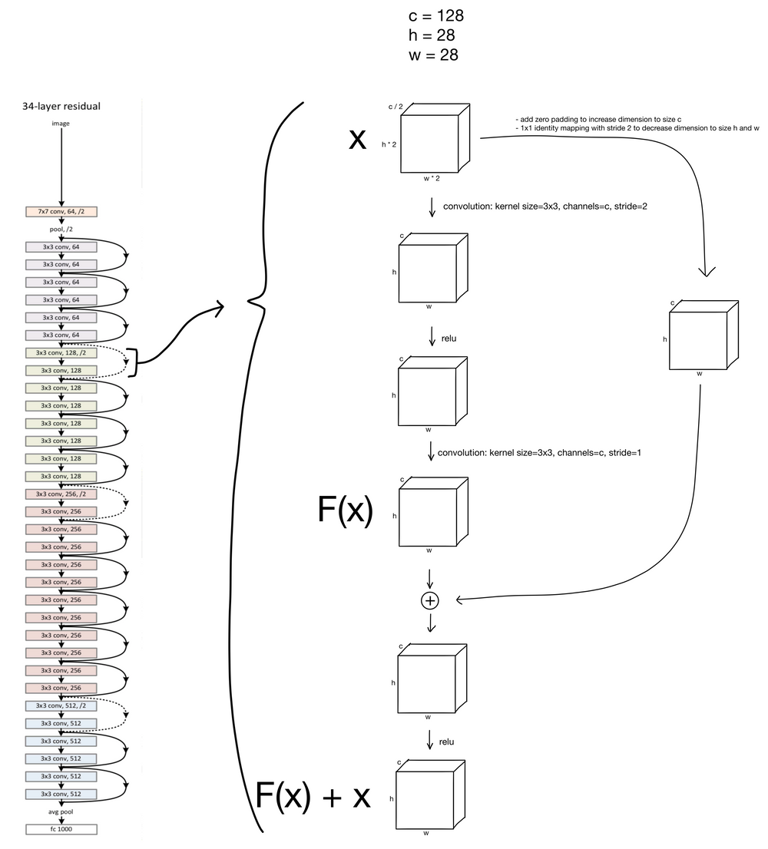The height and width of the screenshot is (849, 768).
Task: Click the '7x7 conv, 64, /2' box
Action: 61,211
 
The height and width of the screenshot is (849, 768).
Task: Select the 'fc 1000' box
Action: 61,829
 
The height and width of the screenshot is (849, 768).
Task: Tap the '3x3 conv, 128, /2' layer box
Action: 61,352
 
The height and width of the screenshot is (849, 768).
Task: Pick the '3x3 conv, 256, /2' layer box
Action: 61,494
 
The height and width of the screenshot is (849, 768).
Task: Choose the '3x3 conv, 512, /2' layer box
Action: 61,705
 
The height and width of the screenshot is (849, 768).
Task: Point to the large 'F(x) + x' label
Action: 313,797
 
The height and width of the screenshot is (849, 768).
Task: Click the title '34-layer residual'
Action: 61,106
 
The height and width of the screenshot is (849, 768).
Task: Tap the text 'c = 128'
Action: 435,15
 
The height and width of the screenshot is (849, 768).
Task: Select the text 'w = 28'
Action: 434,55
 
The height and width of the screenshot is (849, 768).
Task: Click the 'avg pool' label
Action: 61,811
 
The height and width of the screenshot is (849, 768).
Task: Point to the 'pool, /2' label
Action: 61,229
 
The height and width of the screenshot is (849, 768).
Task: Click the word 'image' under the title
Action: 61,124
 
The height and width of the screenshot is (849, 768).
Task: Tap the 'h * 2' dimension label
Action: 389,144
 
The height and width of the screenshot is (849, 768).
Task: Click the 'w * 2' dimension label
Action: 430,179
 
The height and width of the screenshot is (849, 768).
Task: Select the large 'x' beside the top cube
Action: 357,139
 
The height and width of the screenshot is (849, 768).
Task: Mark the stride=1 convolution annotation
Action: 539,452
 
